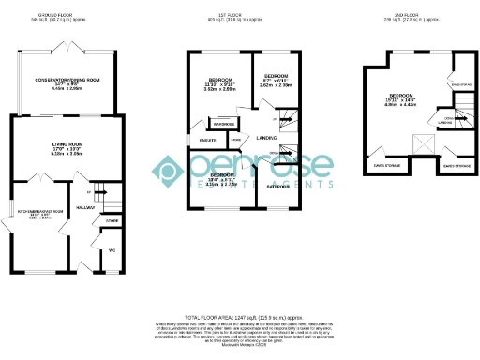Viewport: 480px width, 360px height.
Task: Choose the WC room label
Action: click(111, 250)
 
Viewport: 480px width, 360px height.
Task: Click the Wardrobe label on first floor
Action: click(223, 123)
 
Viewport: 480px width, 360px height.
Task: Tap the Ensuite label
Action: click(198, 139)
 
